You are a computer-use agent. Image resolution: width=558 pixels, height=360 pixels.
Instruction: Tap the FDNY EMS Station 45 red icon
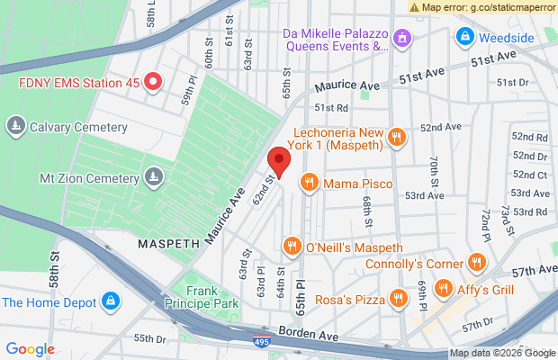point(153,82)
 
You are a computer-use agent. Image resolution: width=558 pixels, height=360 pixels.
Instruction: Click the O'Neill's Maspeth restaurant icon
point(292,247)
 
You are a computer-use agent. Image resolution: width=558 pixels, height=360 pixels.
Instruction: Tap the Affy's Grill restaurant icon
point(443,289)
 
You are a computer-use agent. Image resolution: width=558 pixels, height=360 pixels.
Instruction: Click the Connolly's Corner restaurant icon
point(477,264)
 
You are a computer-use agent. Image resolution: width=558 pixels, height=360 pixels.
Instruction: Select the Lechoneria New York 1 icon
point(397,138)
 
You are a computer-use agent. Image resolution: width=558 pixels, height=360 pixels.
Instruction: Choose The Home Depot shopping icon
point(110,300)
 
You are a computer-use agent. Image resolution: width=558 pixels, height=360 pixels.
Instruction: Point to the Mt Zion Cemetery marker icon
point(155,175)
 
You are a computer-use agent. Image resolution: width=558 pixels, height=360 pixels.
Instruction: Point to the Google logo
point(31,349)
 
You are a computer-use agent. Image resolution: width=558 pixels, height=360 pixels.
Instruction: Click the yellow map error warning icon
point(415,6)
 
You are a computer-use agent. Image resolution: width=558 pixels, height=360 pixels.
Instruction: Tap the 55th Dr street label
point(150,338)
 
